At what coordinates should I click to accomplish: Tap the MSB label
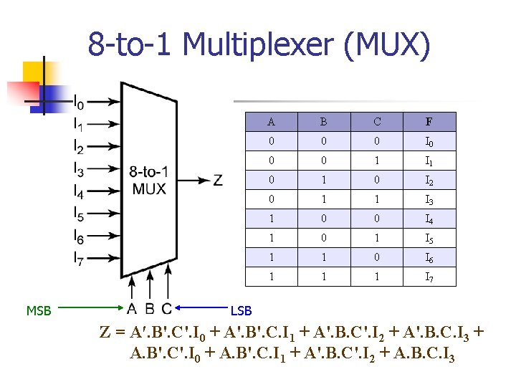coord(39,310)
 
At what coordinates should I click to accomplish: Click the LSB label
coord(240,310)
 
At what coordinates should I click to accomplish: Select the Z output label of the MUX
coord(217,180)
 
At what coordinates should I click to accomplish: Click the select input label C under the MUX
coord(167,309)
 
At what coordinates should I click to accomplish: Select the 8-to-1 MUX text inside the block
coord(149,181)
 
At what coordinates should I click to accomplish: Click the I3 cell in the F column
coord(429,200)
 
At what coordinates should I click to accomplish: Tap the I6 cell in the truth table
coord(429,257)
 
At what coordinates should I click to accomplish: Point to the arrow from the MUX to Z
coord(192,180)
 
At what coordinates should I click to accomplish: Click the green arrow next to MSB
coord(93,309)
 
